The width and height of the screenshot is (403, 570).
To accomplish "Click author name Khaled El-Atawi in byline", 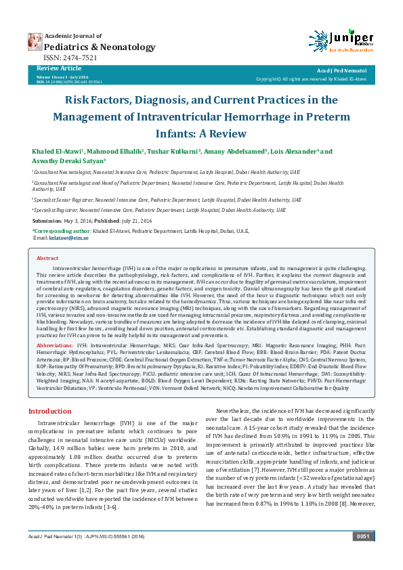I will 56,151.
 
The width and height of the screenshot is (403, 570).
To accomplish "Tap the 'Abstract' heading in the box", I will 47,259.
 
